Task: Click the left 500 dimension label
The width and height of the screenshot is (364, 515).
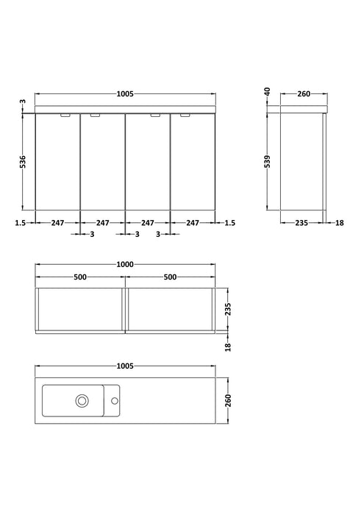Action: click(80, 277)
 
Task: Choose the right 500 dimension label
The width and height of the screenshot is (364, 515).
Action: click(170, 277)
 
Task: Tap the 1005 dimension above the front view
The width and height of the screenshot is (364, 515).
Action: click(125, 94)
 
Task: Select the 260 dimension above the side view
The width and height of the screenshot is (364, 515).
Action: click(304, 94)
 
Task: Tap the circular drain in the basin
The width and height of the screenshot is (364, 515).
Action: click(82, 401)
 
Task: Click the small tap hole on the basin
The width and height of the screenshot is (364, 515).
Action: click(114, 401)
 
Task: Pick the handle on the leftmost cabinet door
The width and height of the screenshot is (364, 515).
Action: click(65, 116)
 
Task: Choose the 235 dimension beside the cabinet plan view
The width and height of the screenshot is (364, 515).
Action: click(228, 308)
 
